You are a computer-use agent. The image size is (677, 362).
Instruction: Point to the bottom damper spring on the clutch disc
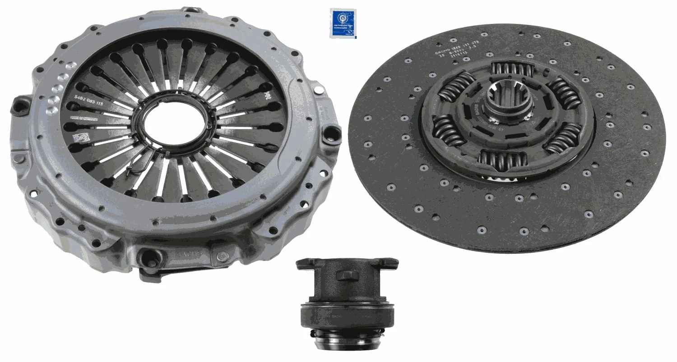(503, 159)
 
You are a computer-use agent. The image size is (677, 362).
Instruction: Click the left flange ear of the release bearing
(305, 263)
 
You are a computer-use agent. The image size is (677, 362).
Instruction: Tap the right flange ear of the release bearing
(390, 262)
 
